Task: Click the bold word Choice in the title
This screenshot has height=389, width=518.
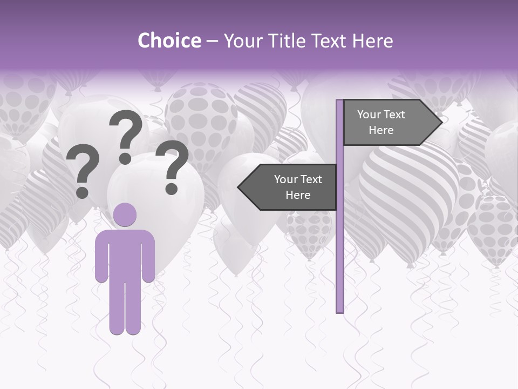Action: coord(169,41)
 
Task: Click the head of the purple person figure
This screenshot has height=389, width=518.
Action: coord(125,214)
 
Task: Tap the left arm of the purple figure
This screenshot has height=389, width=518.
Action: coord(101,257)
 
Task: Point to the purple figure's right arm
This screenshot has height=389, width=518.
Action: coord(149,257)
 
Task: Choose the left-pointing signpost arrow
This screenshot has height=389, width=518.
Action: coord(289,187)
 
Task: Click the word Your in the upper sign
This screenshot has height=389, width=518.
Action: coord(370,115)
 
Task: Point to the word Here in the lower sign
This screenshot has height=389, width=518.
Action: coord(298,195)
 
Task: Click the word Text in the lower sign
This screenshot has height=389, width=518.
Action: coord(311,179)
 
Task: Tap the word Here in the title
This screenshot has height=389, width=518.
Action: coord(372,41)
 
